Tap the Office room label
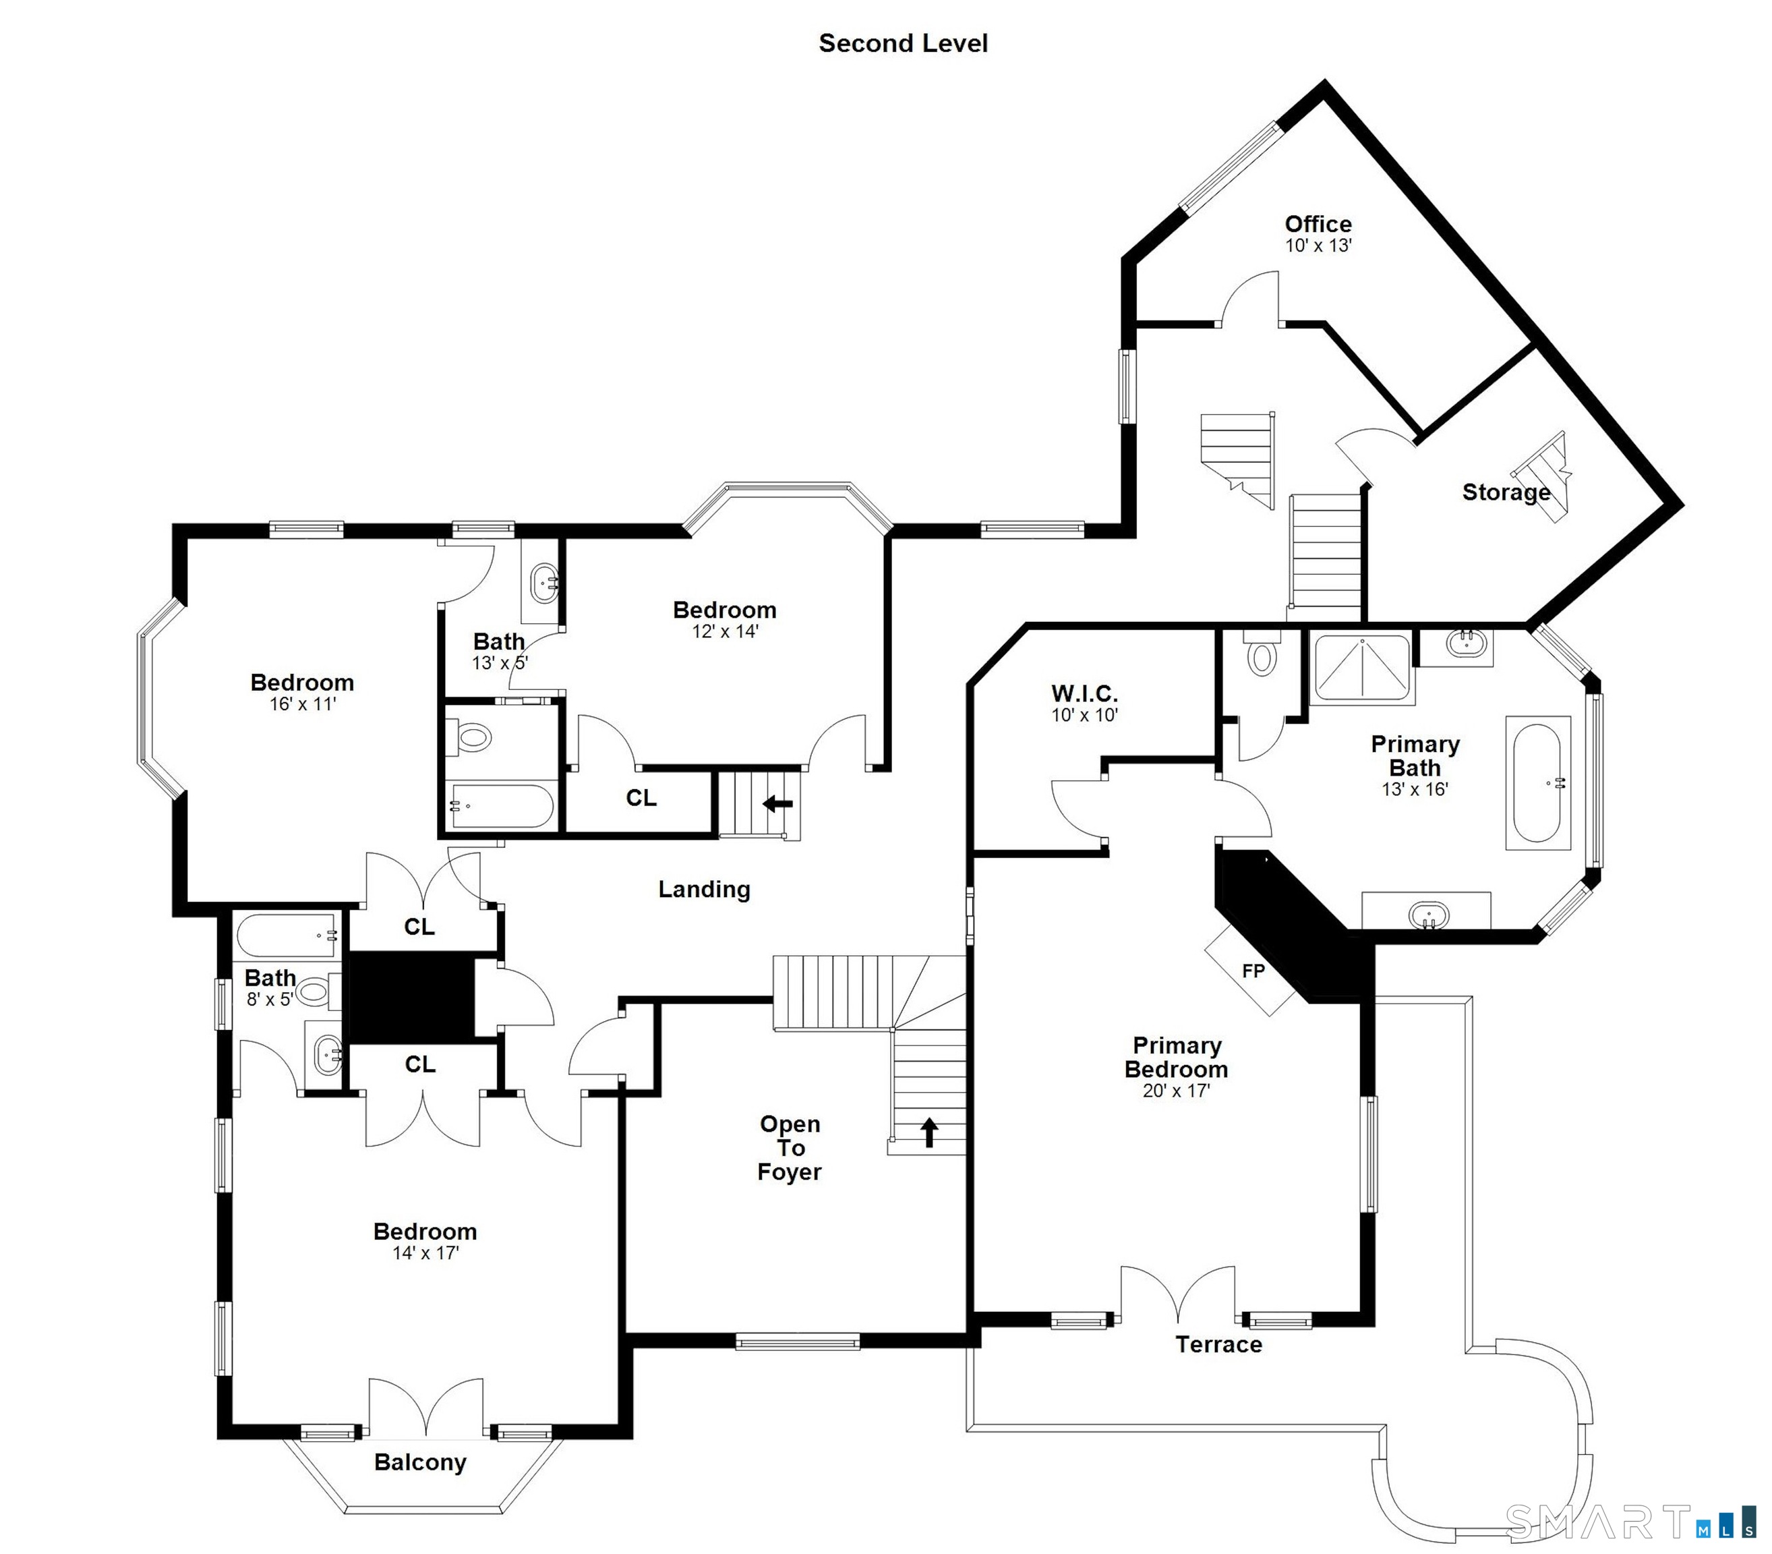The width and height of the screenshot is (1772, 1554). click(1318, 224)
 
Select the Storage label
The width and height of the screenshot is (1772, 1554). click(1506, 492)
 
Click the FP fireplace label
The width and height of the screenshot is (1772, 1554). click(1253, 971)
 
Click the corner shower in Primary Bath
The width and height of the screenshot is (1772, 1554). click(1362, 667)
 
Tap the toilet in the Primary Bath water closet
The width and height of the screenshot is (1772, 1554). click(1262, 655)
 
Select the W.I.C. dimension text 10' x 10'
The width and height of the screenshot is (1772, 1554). click(1084, 716)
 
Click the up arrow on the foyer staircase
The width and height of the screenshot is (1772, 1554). click(929, 1132)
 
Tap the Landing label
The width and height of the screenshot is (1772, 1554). click(704, 889)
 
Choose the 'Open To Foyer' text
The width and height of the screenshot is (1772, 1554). click(790, 1147)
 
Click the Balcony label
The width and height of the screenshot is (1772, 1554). click(421, 1463)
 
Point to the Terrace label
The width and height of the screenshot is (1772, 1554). click(1218, 1345)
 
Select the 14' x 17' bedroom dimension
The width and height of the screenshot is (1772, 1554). click(425, 1253)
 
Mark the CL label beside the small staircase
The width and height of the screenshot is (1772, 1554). click(641, 798)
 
